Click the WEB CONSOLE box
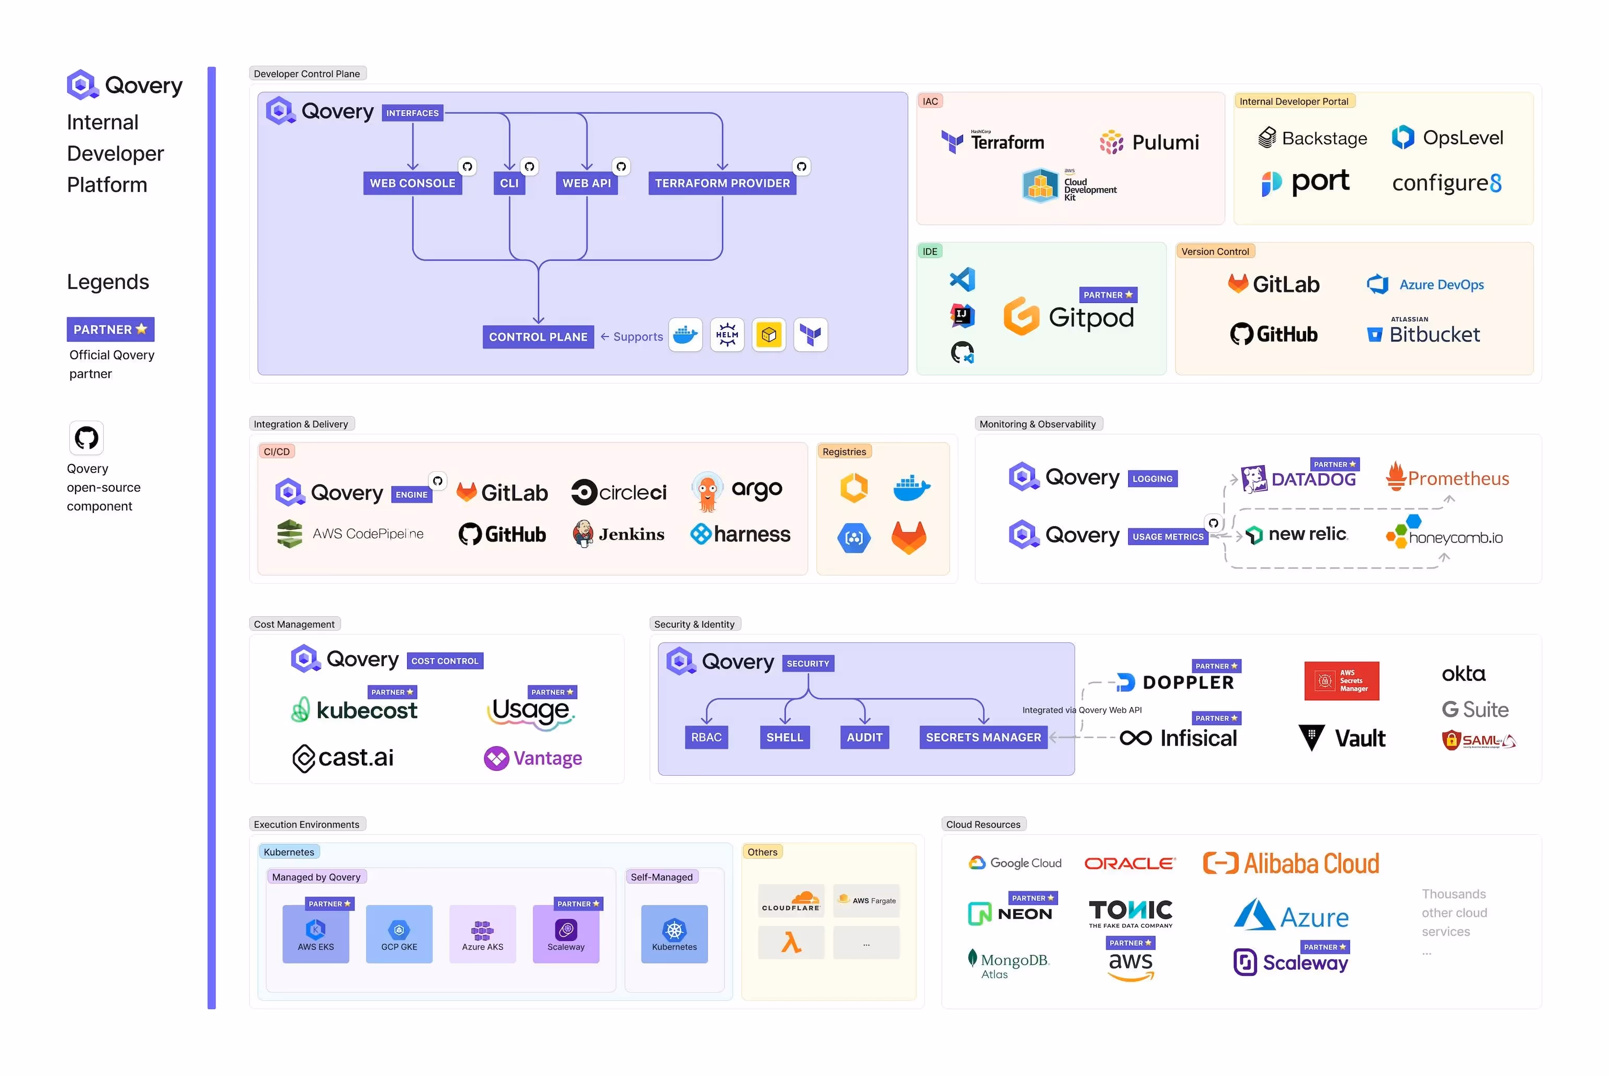tap(412, 183)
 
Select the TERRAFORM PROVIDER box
tap(722, 183)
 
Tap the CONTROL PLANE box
tap(538, 337)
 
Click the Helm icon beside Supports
tap(727, 335)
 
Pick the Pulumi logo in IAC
tap(1149, 142)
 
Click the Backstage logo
tap(1312, 138)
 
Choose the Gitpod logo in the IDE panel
tap(1068, 317)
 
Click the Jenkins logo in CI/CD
tap(618, 534)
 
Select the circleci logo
tap(618, 492)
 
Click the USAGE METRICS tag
tap(1168, 536)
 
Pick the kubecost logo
tap(354, 710)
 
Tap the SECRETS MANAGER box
tap(982, 737)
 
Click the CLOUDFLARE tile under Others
tap(790, 901)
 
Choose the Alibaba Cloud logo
tap(1290, 863)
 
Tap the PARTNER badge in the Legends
tap(110, 329)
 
